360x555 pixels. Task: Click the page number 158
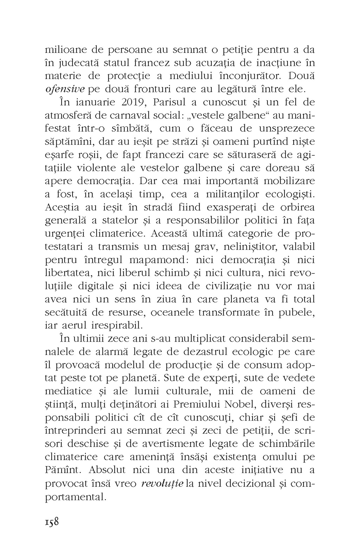[52, 521]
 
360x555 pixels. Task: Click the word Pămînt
[64, 470]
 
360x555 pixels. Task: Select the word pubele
[297, 312]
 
